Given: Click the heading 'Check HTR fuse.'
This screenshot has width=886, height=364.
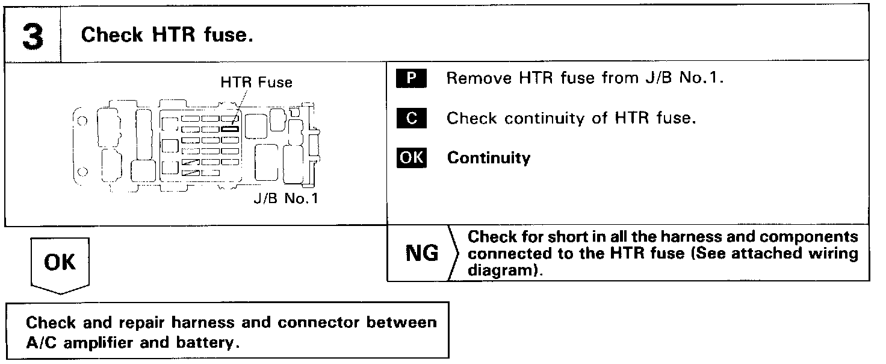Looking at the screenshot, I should [167, 35].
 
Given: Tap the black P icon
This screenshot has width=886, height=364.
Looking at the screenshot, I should [412, 79].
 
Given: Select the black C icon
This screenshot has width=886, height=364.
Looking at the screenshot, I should [412, 119].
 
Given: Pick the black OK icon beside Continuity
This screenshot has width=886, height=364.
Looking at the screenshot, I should [412, 158].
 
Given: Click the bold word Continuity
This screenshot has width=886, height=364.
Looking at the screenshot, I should [488, 158].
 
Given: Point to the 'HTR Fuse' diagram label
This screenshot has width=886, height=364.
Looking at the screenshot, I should [256, 83].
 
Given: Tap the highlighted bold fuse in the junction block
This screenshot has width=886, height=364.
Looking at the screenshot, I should [231, 128].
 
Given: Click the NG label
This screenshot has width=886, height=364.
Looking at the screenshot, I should [422, 254].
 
